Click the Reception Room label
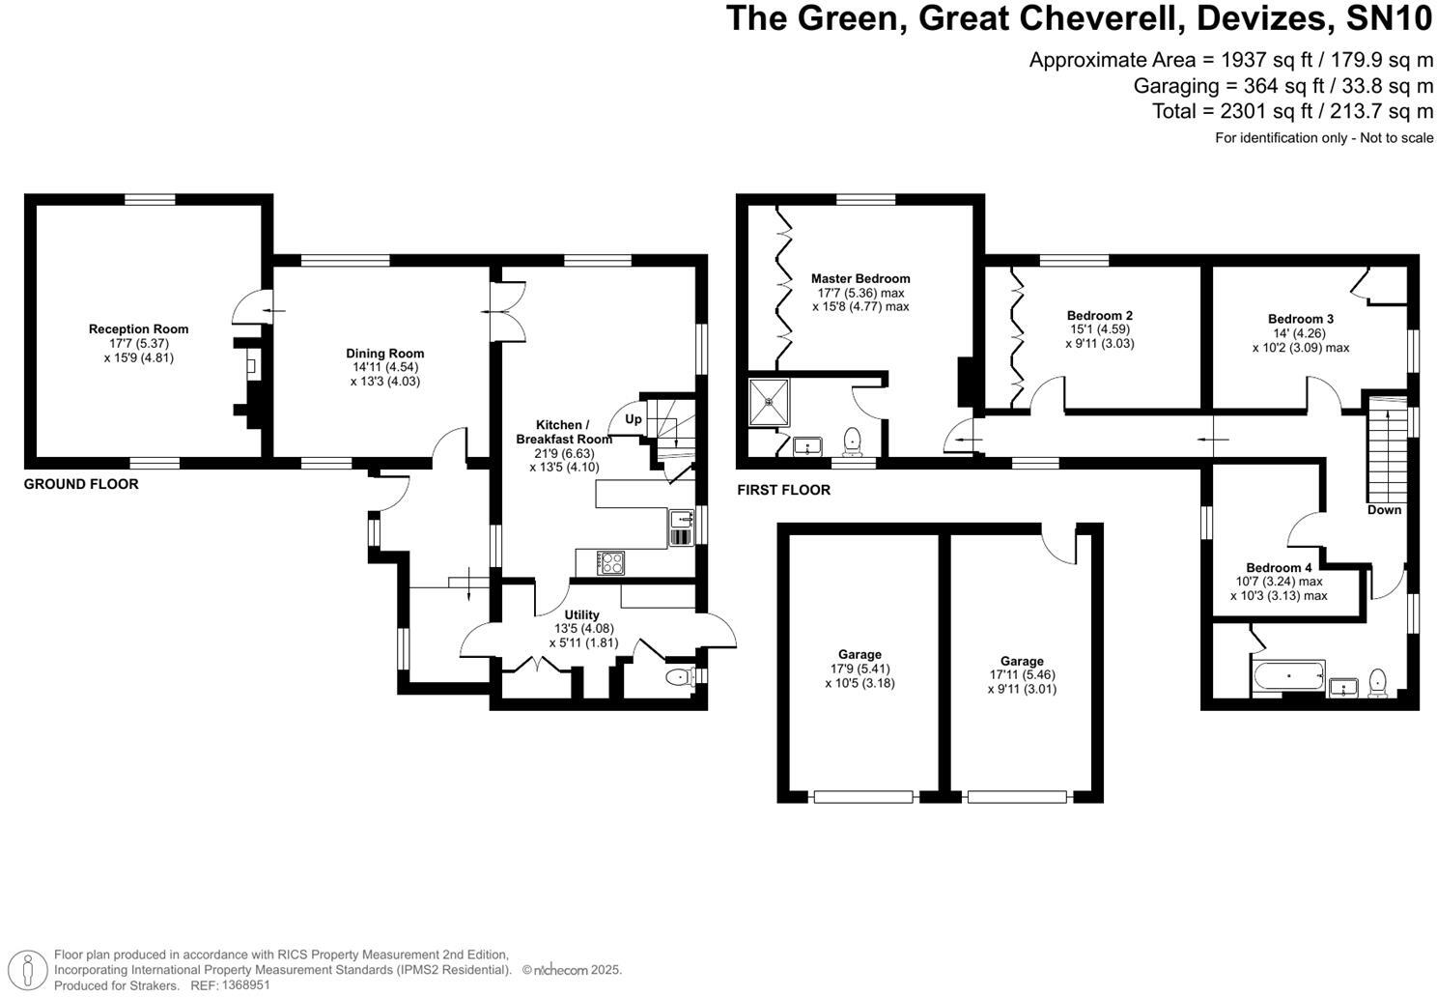click(138, 329)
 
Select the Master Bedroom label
click(860, 279)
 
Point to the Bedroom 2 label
click(1099, 316)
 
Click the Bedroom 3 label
click(1301, 320)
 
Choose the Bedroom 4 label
click(1279, 568)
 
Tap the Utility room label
click(582, 615)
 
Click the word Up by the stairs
click(634, 419)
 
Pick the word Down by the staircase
click(1384, 510)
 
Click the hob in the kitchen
click(611, 562)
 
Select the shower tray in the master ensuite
click(770, 402)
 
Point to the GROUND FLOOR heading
click(81, 484)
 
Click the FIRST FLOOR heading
click(783, 490)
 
